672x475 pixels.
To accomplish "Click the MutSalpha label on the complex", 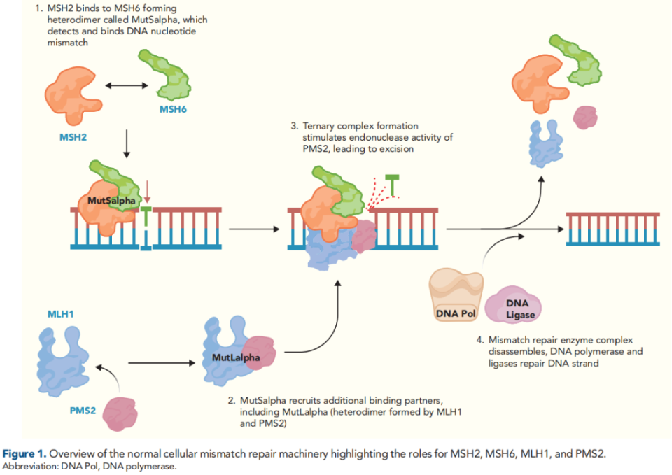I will [111, 201].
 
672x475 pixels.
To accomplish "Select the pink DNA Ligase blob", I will [519, 308].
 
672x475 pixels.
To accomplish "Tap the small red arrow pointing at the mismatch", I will [148, 192].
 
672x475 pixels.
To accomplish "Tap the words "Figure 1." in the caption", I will [28, 453].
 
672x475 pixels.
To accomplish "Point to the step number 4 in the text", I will [481, 341].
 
